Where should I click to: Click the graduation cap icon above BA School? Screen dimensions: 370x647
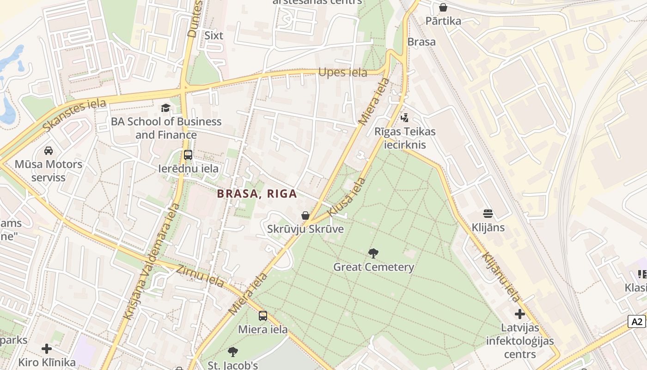[165, 108]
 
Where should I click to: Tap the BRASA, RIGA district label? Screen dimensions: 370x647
[257, 194]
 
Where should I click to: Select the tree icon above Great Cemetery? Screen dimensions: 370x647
[373, 253]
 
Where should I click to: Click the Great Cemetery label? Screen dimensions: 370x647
[373, 267]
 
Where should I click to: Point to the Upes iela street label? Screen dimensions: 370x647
[343, 73]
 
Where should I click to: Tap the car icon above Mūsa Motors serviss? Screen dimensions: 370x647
[48, 150]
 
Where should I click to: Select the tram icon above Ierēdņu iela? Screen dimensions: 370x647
[188, 155]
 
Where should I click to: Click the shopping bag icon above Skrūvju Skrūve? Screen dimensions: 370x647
[305, 216]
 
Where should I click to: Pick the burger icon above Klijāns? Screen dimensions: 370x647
[488, 214]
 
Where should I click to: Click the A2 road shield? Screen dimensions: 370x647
[637, 321]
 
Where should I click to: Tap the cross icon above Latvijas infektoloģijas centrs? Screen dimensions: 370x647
[520, 314]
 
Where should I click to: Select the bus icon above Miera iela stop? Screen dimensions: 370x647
[262, 316]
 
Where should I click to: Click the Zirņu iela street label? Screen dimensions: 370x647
[201, 276]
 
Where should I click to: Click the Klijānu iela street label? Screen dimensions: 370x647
[501, 277]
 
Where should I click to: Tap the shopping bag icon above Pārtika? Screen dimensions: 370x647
[443, 7]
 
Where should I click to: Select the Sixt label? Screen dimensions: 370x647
[214, 36]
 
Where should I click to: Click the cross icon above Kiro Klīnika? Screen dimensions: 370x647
[47, 348]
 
